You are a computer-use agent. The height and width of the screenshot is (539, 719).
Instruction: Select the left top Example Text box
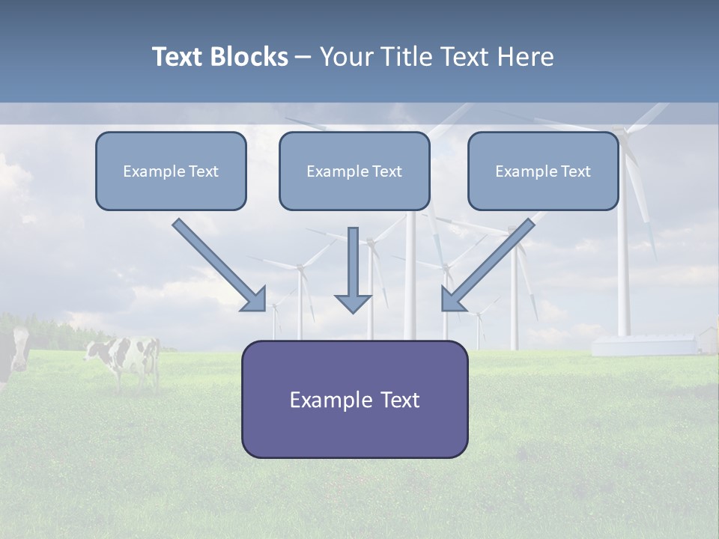coord(171,171)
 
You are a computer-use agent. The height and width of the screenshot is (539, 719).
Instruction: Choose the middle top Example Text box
coord(354,171)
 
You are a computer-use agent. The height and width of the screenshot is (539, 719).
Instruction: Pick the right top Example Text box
coord(543,171)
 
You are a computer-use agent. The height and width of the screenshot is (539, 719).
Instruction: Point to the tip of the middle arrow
coord(353,311)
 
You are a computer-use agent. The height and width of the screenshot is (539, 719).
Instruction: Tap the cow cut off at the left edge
coord(13,355)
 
